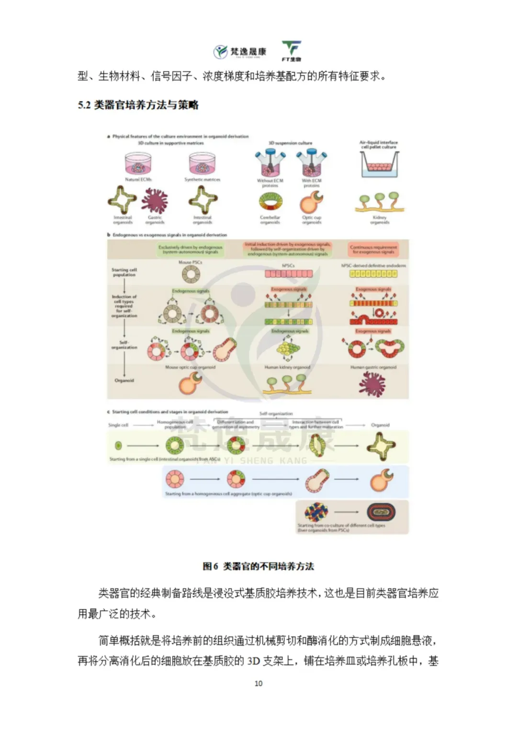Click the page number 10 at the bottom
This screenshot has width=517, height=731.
point(258,683)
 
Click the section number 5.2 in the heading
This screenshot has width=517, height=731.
point(84,105)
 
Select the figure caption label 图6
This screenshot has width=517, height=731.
point(210,567)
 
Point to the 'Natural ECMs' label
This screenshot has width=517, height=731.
point(138,179)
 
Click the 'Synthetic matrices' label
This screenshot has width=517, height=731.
point(202,179)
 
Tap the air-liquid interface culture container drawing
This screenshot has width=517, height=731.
point(379,165)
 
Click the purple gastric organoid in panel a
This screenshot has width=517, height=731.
point(154,200)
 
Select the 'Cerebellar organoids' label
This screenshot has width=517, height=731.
point(270,220)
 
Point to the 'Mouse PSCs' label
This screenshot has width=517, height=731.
point(190,262)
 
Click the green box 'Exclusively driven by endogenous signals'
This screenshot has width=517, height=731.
point(190,250)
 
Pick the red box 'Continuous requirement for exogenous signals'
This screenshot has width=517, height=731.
point(373,250)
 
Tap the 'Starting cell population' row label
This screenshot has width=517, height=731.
point(124,272)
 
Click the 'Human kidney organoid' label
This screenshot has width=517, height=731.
point(287,367)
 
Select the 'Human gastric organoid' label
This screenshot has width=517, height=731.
point(373,367)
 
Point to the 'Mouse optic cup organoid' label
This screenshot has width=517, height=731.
point(190,367)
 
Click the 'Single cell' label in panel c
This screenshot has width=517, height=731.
point(118,425)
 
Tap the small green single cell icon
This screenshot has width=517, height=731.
point(118,446)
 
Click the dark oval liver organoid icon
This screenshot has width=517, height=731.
point(381,513)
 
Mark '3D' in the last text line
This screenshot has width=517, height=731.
point(253,661)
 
